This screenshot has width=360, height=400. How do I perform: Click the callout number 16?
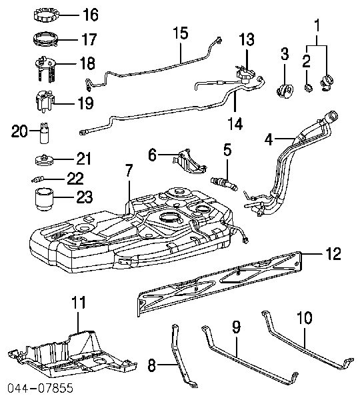pos(89,15)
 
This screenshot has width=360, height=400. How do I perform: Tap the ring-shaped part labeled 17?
pos(45,39)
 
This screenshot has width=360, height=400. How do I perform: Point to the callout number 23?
pos(85,197)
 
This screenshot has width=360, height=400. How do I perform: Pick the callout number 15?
pos(181,32)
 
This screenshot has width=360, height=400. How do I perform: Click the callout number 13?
pos(247,39)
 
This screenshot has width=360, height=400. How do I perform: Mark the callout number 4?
pos(269,139)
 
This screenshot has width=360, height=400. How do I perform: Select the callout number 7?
pos(128,170)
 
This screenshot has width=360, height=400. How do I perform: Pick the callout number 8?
pos(151,365)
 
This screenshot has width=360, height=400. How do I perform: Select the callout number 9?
pos(235,329)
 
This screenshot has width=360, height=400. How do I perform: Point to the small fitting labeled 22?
pos(41,178)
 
